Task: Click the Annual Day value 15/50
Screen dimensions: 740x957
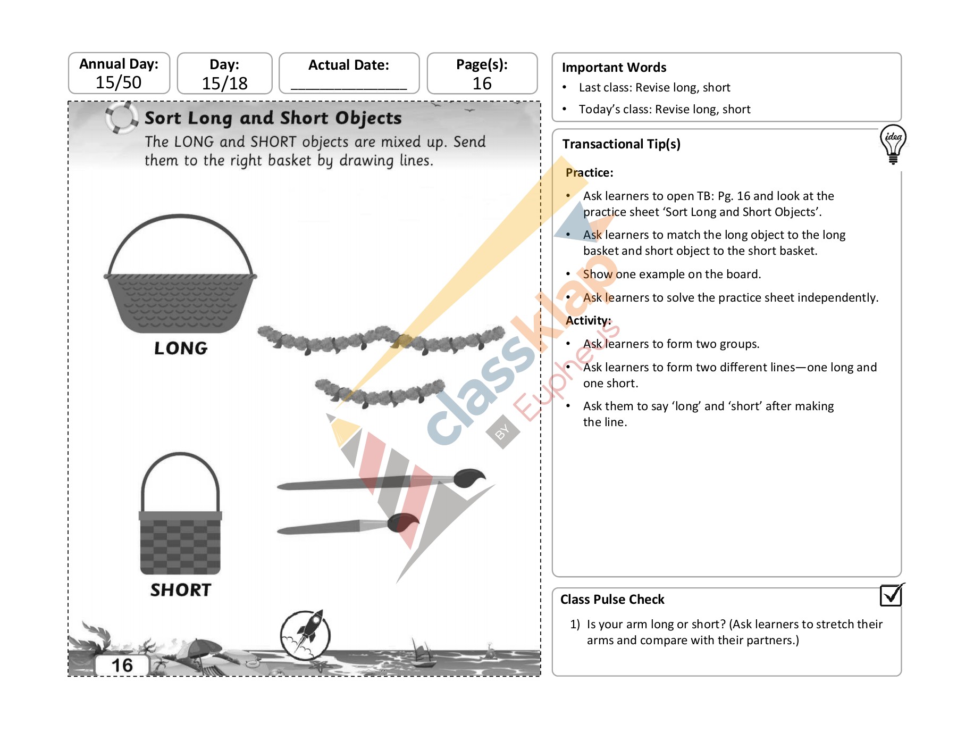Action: point(118,82)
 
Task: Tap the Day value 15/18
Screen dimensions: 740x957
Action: point(224,84)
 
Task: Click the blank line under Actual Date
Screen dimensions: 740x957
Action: point(349,87)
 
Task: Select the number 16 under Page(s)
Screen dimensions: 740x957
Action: point(482,84)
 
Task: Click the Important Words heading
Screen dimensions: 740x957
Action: point(614,68)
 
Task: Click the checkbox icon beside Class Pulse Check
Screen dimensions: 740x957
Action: point(891,595)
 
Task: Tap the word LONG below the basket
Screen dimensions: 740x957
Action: point(181,348)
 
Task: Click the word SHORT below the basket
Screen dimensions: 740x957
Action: point(181,590)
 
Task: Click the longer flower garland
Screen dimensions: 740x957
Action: point(380,339)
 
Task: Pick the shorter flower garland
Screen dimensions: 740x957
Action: point(380,393)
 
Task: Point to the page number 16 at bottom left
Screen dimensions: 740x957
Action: point(122,666)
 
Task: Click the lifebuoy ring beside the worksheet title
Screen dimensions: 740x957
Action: point(121,118)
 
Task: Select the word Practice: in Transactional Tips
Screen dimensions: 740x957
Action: point(589,173)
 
